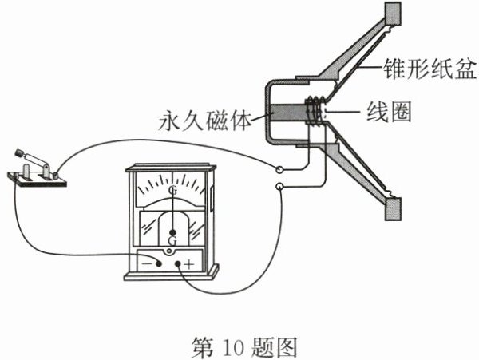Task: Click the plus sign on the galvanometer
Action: (189, 263)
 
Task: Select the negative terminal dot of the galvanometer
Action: (160, 263)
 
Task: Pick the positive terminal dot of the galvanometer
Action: (177, 263)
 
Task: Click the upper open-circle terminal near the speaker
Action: (279, 170)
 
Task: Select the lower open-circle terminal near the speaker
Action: (279, 188)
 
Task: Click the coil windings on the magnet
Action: (315, 112)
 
